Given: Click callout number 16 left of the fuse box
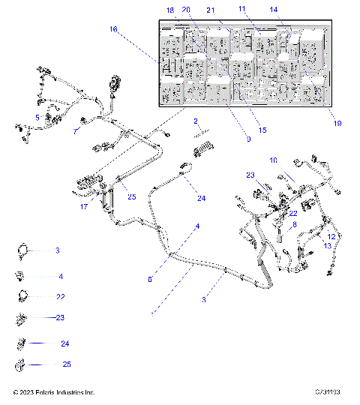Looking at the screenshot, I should (113, 29).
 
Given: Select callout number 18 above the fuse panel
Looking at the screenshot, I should (169, 10).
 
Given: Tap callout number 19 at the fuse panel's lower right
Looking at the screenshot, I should (336, 123).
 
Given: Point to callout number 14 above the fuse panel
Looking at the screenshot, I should (274, 10).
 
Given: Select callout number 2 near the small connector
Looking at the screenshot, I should (196, 121).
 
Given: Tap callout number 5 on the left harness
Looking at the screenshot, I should (37, 117).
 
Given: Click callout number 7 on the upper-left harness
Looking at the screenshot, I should (75, 131).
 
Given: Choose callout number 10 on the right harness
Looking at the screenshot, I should (273, 160).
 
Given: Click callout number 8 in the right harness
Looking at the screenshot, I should (294, 224).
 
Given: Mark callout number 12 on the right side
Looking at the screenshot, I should (331, 236).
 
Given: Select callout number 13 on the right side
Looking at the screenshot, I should (327, 245).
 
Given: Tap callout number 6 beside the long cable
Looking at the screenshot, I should (150, 279).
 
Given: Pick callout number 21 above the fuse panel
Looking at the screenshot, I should (211, 10).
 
